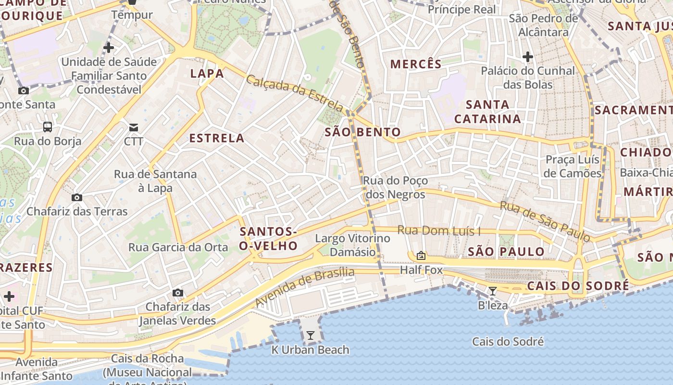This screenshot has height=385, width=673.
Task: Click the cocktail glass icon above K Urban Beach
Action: tap(311, 335)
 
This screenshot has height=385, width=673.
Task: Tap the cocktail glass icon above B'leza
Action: tap(493, 291)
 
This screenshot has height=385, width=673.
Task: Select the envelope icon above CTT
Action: tap(133, 128)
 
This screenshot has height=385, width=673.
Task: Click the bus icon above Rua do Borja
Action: tap(48, 127)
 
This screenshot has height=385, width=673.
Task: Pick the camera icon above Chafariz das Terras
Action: tap(76, 197)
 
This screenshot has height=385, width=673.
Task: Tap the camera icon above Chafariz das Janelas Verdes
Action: tap(178, 293)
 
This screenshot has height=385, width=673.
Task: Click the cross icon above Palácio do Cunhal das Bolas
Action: tap(528, 57)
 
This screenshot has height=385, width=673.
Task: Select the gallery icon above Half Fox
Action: tap(421, 256)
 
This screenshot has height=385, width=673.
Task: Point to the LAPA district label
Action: tap(207, 74)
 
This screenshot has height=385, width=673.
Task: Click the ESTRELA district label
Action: tap(217, 139)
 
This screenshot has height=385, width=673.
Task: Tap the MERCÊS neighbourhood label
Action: tap(416, 64)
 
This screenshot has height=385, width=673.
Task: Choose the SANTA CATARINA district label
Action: tap(488, 112)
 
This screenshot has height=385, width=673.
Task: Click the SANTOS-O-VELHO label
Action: tap(269, 239)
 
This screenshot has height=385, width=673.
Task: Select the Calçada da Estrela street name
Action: tap(295, 92)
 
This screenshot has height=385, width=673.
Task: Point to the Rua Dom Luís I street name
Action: tap(439, 231)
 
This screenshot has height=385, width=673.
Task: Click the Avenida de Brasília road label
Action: tap(305, 287)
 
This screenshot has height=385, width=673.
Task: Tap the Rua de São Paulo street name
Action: tap(545, 221)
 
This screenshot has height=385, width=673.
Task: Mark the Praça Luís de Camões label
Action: tap(573, 167)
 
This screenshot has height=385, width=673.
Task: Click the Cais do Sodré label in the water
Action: tap(508, 342)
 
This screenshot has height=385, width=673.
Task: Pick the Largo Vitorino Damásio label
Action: tap(352, 245)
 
